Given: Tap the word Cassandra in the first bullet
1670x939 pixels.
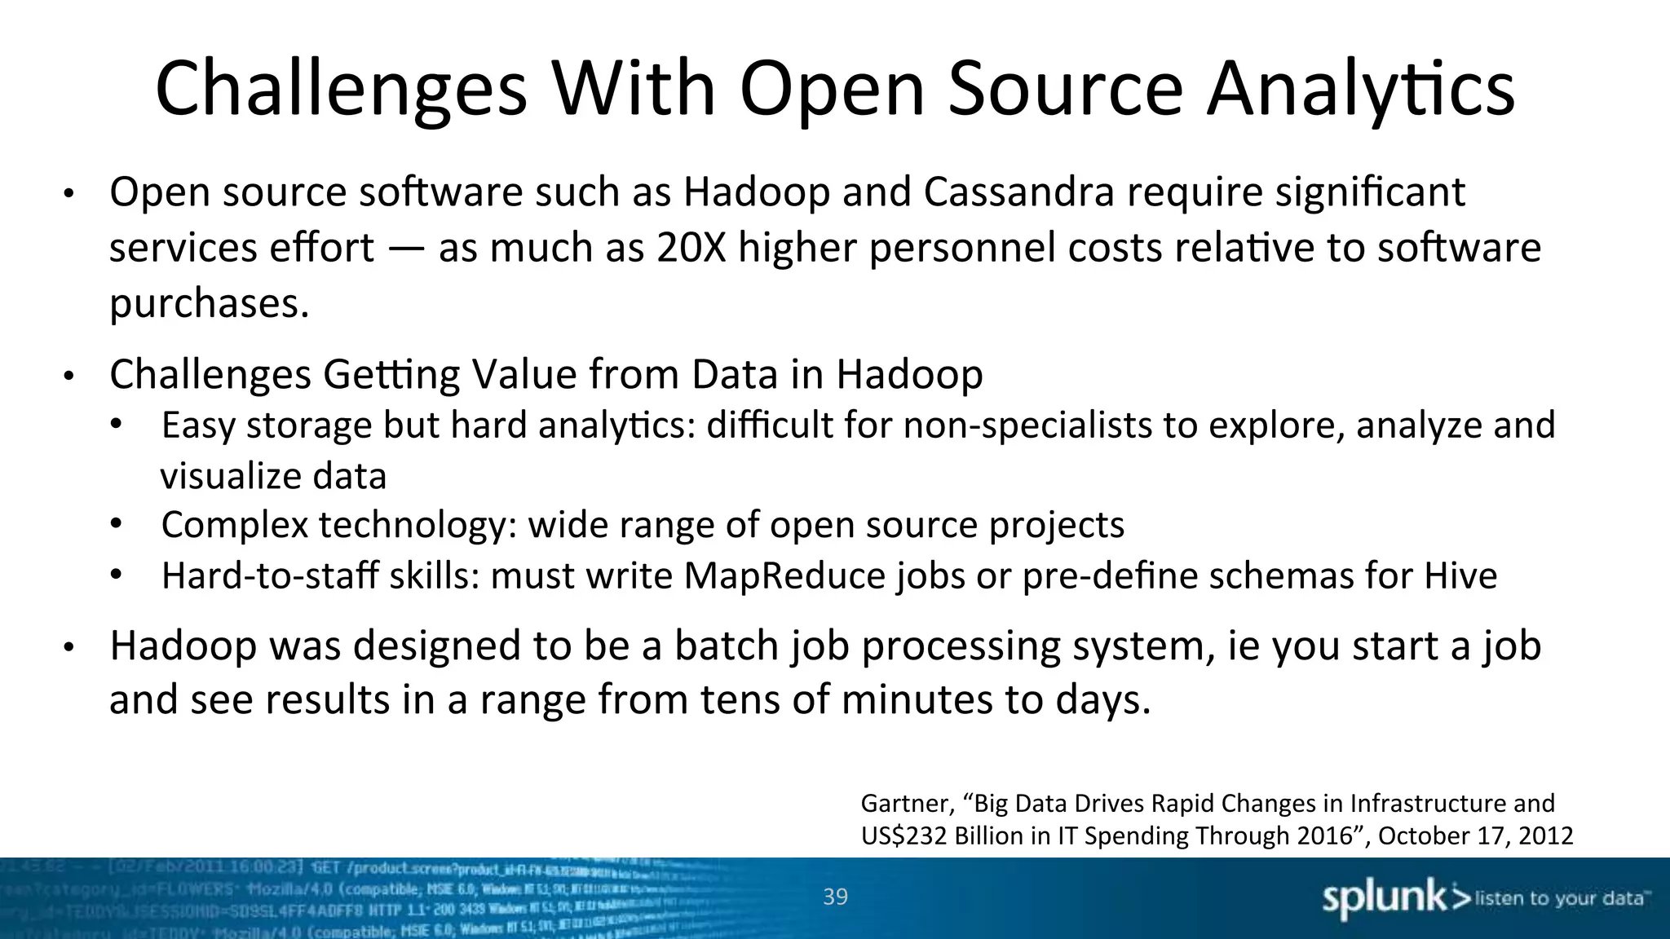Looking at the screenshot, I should click(1018, 192).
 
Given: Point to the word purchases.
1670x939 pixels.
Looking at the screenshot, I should click(209, 303).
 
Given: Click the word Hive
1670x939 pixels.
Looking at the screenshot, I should click(1460, 575).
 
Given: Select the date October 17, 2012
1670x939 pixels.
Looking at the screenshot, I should click(1475, 836).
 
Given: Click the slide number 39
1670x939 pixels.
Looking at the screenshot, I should click(835, 897).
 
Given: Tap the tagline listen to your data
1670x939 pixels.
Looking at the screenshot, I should click(1559, 898).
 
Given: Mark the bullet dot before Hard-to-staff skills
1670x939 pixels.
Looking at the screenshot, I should click(116, 575).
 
